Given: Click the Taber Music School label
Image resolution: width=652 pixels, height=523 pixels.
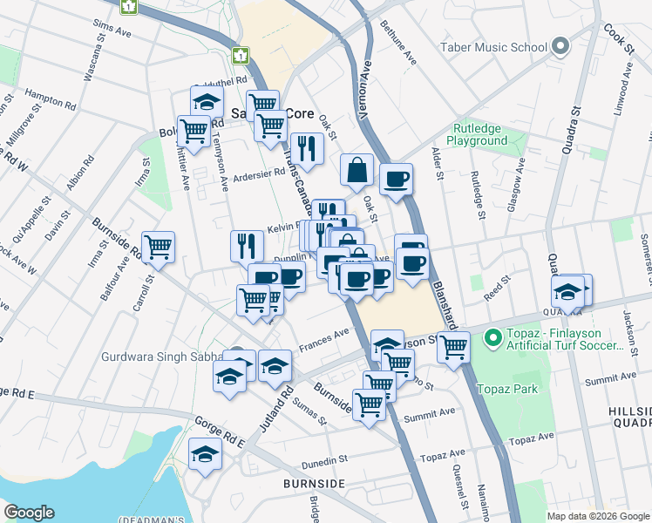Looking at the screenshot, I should tap(493, 46).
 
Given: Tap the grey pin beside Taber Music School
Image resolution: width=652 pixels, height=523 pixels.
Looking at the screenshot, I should tap(560, 46).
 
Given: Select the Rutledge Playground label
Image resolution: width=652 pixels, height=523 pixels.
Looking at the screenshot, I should tap(477, 134).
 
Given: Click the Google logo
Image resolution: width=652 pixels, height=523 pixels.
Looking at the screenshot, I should tap(29, 513).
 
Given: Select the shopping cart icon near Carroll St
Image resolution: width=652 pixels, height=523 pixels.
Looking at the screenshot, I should tap(158, 248).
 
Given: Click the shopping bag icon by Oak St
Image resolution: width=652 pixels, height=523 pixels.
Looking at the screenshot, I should tap(357, 169).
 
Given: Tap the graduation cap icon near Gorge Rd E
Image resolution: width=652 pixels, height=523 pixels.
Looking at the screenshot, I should tap(205, 454).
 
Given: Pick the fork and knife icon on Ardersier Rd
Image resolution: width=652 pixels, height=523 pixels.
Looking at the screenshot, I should tap(306, 148).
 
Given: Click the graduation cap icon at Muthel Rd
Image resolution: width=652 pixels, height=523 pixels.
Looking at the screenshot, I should tap(207, 101).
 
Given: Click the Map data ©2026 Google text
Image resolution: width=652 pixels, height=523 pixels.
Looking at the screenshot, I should tap(597, 516).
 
